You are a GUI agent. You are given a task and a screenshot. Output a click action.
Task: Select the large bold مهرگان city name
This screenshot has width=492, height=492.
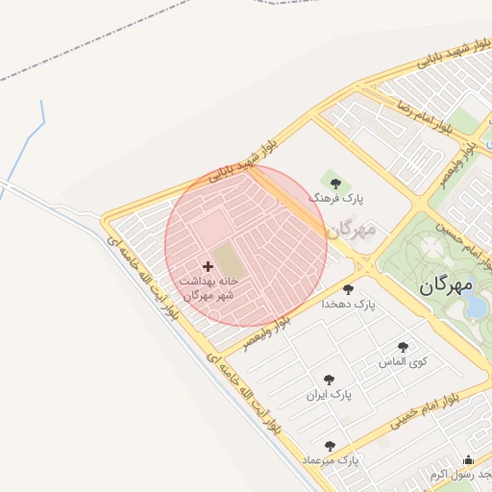(447, 286)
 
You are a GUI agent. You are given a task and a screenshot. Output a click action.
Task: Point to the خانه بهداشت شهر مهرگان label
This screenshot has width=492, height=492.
(208, 286)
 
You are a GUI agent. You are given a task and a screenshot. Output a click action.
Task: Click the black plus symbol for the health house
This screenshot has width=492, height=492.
(208, 265)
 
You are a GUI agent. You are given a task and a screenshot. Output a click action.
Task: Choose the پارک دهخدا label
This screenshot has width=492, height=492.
(354, 304)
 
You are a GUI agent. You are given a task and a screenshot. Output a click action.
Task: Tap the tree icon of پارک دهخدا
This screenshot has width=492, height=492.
(348, 289)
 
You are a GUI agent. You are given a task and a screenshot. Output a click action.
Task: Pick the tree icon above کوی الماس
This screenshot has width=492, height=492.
(403, 348)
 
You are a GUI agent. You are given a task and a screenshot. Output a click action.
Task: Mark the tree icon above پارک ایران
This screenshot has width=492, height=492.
(330, 380)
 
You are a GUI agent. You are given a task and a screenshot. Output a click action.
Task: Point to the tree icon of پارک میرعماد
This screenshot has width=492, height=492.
(331, 446)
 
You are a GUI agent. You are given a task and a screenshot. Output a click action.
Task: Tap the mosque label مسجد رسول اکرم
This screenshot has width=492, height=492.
(461, 475)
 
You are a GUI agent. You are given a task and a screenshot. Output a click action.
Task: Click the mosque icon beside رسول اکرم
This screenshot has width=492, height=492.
(468, 459)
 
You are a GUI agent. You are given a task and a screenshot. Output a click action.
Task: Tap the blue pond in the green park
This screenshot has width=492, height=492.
(476, 305)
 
